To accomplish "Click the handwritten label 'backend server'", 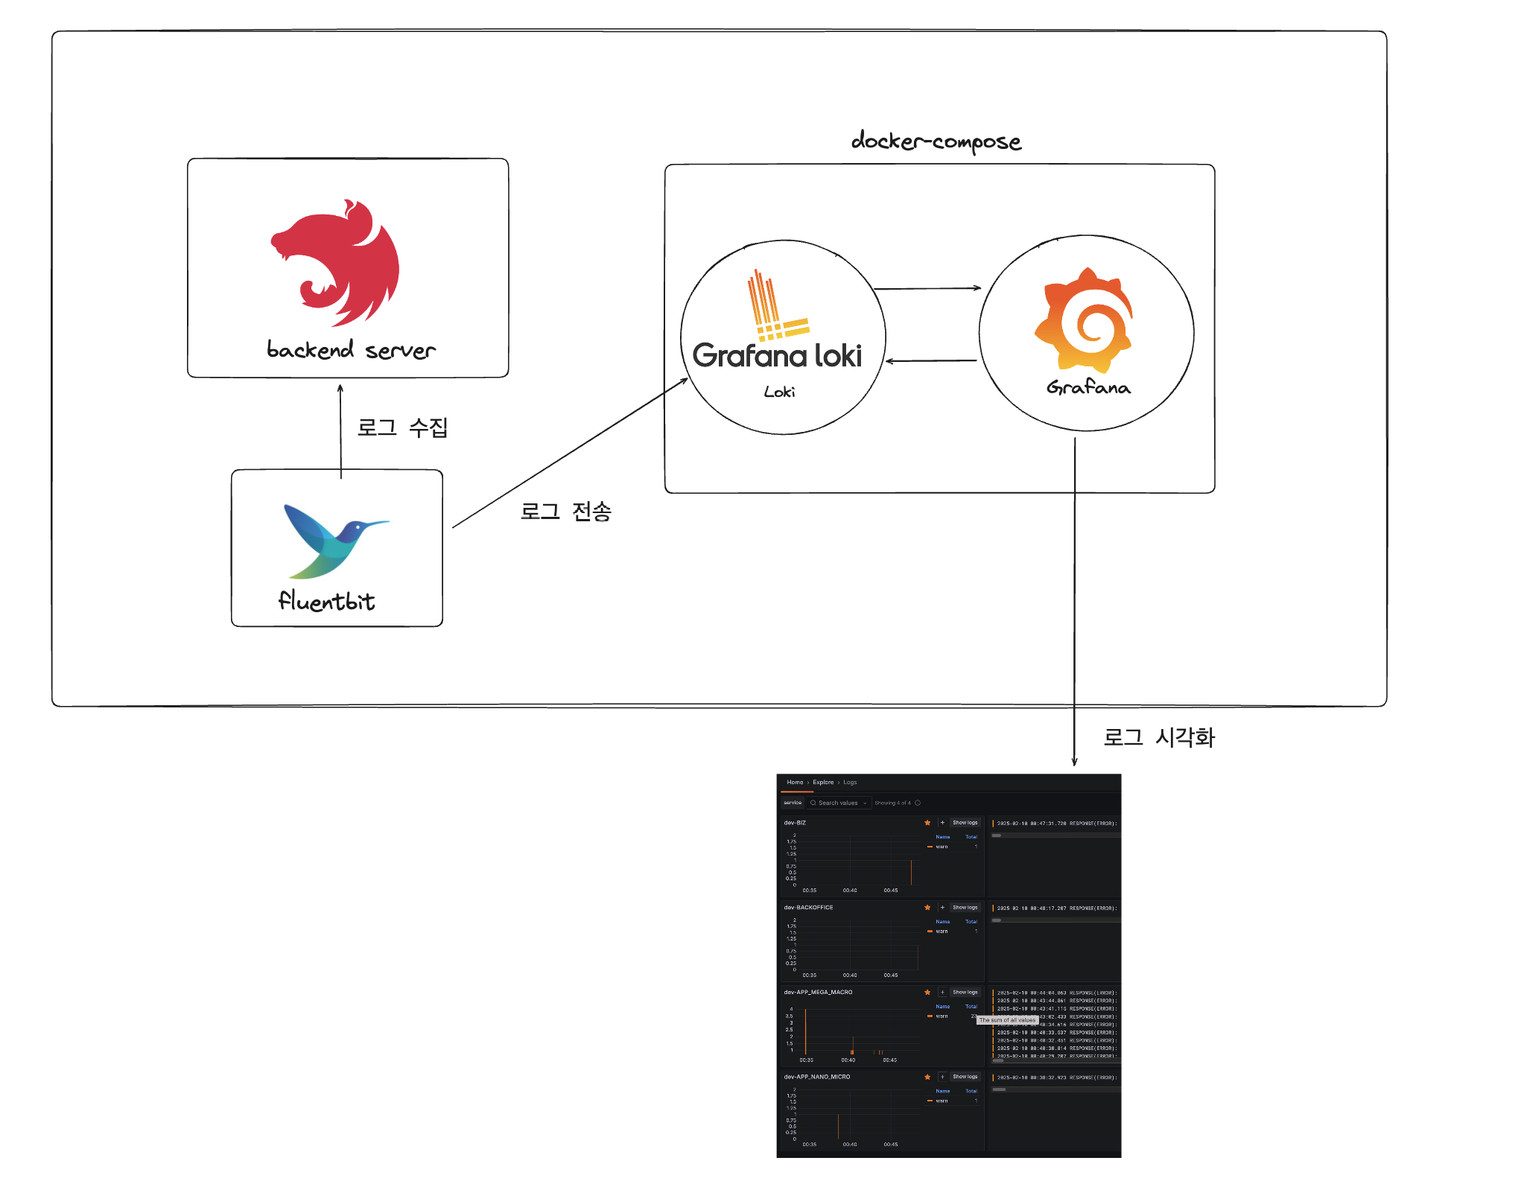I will coord(351,350).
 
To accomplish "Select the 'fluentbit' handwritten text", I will coord(326,601).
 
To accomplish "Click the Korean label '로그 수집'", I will coord(402,427).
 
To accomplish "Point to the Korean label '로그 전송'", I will coord(565,512).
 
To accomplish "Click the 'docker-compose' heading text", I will coord(936,141).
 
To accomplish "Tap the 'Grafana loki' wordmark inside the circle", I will coord(777,355).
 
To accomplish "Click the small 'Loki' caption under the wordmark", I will coord(779,392).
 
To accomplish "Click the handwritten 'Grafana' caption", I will coord(1088,387).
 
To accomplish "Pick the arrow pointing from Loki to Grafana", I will coord(927,288).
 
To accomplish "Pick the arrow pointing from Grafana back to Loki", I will coord(931,360).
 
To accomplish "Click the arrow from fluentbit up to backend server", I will coord(340,428).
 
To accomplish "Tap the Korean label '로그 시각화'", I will coord(1158,737).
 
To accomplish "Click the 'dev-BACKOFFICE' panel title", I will coord(808,907).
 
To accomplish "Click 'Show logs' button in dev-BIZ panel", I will coord(965,823).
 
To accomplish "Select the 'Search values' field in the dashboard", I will coord(838,803).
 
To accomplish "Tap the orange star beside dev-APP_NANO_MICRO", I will coord(927,1077).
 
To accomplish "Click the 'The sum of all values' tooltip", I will coord(1007,1020).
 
